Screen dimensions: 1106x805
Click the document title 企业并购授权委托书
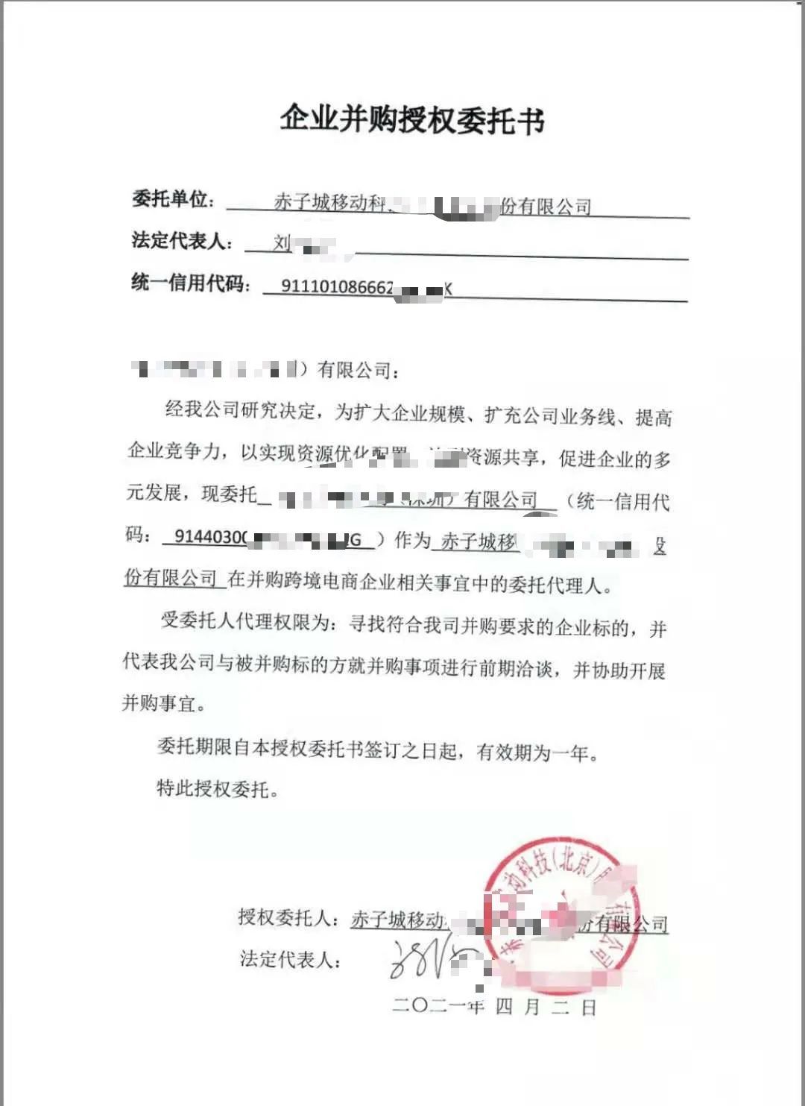pos(412,119)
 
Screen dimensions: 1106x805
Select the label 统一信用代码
pos(189,283)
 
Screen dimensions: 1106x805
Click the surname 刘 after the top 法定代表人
pos(282,242)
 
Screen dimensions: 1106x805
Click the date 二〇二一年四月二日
pos(493,1007)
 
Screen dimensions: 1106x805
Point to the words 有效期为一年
pos(532,752)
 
